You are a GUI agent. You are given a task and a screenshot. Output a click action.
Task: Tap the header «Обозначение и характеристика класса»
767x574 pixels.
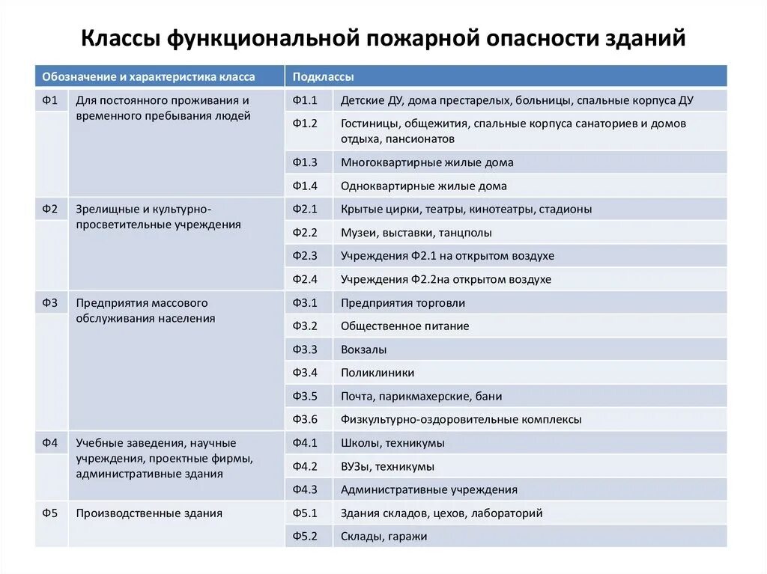coord(148,76)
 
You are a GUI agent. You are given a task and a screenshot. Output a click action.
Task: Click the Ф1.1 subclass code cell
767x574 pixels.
coord(306,100)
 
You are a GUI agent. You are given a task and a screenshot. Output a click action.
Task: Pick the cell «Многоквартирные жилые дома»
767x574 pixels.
coord(427,162)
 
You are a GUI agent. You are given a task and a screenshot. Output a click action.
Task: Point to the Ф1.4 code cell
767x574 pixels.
coord(306,186)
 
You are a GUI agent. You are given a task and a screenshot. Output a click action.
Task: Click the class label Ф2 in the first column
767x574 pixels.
coord(50,209)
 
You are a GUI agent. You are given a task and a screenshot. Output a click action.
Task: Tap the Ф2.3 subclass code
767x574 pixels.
coord(306,256)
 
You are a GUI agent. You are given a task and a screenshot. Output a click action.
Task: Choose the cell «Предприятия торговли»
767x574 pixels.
coord(403,303)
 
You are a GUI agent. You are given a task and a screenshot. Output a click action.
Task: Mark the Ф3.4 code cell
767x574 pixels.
coord(306,373)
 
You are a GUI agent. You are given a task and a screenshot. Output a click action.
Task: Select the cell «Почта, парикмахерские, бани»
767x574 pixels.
coord(421,397)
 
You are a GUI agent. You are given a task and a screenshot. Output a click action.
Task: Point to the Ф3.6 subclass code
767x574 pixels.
coord(306,420)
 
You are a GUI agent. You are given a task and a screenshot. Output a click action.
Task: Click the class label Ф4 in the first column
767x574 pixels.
coord(50,442)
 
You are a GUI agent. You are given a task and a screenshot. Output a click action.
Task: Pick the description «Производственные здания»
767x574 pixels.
coord(149,513)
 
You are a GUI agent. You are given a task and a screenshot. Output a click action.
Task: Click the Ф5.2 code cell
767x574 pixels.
coord(306,537)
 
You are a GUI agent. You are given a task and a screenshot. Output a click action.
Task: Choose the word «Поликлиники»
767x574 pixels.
coord(378,373)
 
